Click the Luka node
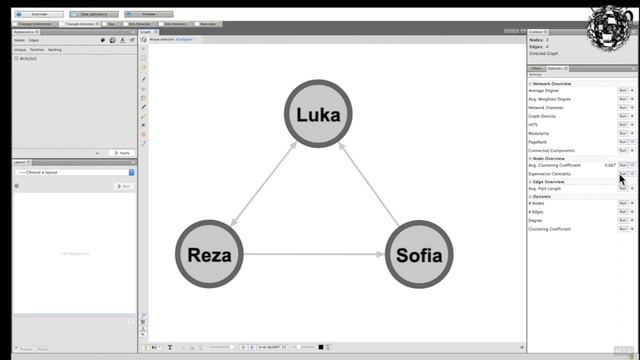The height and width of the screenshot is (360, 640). point(319,113)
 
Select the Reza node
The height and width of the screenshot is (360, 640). point(210,254)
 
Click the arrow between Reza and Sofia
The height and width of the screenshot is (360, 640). point(314,254)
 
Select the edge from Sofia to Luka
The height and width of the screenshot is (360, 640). point(369,184)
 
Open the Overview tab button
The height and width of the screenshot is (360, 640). point(39,15)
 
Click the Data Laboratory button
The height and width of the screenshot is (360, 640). point(95,15)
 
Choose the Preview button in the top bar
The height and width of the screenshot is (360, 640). point(148,15)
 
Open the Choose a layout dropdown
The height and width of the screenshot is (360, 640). point(75,172)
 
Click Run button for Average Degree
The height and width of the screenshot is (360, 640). point(622,90)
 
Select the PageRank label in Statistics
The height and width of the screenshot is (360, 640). point(538,141)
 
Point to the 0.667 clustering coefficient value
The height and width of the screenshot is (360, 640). point(609,164)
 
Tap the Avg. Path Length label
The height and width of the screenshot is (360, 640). point(545,188)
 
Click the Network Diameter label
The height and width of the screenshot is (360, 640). point(545,107)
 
